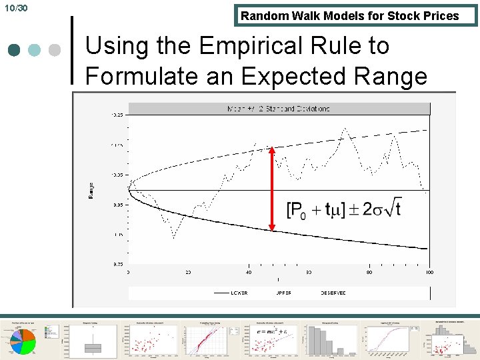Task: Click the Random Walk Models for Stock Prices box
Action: point(350,16)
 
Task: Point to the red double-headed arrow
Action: point(271,189)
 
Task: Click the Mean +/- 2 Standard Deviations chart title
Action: point(279,109)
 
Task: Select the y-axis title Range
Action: point(91,190)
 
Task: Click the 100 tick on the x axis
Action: point(429,272)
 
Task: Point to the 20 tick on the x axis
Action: point(189,272)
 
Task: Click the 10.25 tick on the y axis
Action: point(117,115)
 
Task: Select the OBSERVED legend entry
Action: point(333,293)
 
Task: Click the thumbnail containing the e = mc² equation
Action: point(271,339)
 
